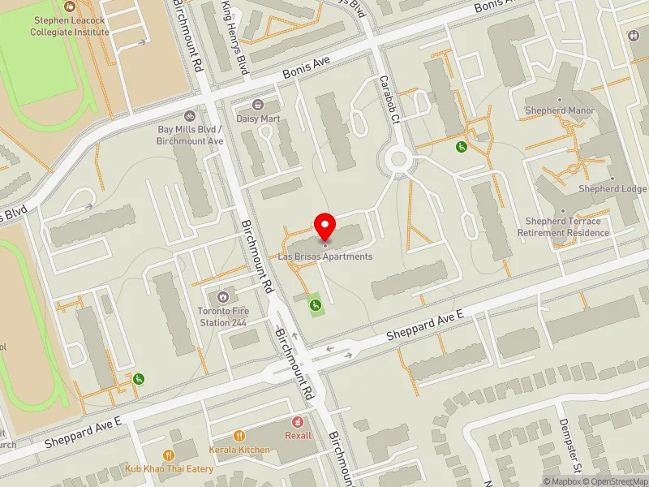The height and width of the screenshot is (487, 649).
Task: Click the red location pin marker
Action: [325, 226]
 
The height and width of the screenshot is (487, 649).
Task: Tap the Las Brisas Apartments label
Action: [325, 256]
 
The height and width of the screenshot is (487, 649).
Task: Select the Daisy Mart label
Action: [258, 118]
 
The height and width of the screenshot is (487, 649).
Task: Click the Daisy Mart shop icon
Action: [258, 104]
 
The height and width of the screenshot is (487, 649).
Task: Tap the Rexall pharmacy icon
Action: [298, 422]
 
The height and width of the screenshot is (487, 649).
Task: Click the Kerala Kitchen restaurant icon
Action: [239, 436]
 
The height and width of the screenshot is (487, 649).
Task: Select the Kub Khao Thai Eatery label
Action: [169, 468]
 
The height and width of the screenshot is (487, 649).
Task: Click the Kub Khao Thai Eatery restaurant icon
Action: [169, 455]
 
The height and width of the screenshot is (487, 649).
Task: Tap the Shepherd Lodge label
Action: [612, 189]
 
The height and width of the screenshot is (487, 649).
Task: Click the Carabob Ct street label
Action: [391, 100]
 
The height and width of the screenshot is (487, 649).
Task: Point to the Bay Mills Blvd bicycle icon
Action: [190, 116]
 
